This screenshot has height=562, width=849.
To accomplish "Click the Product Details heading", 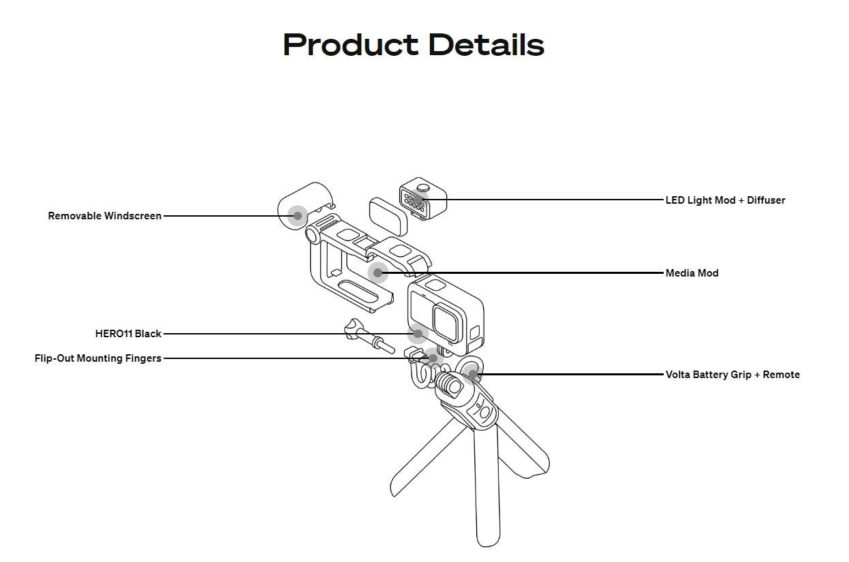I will pyautogui.click(x=414, y=45).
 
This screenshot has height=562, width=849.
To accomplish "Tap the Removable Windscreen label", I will pyautogui.click(x=105, y=216).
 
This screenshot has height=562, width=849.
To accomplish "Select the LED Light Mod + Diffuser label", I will pyautogui.click(x=725, y=200).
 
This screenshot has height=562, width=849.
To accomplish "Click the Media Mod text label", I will pyautogui.click(x=692, y=273).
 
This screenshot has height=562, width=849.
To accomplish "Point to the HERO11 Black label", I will pyautogui.click(x=128, y=334).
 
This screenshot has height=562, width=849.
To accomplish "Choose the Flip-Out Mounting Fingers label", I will pyautogui.click(x=98, y=358).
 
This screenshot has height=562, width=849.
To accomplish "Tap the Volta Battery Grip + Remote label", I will pyautogui.click(x=732, y=375).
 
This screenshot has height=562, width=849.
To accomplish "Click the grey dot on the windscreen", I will pyautogui.click(x=297, y=215).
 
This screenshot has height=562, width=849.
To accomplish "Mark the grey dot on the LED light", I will pyautogui.click(x=418, y=200).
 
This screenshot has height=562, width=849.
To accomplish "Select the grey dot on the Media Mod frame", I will pyautogui.click(x=377, y=273).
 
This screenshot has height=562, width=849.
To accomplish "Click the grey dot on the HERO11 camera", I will pyautogui.click(x=418, y=334).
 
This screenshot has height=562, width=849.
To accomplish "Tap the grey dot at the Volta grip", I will pyautogui.click(x=472, y=374).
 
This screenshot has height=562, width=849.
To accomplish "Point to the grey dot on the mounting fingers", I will pyautogui.click(x=433, y=358).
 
